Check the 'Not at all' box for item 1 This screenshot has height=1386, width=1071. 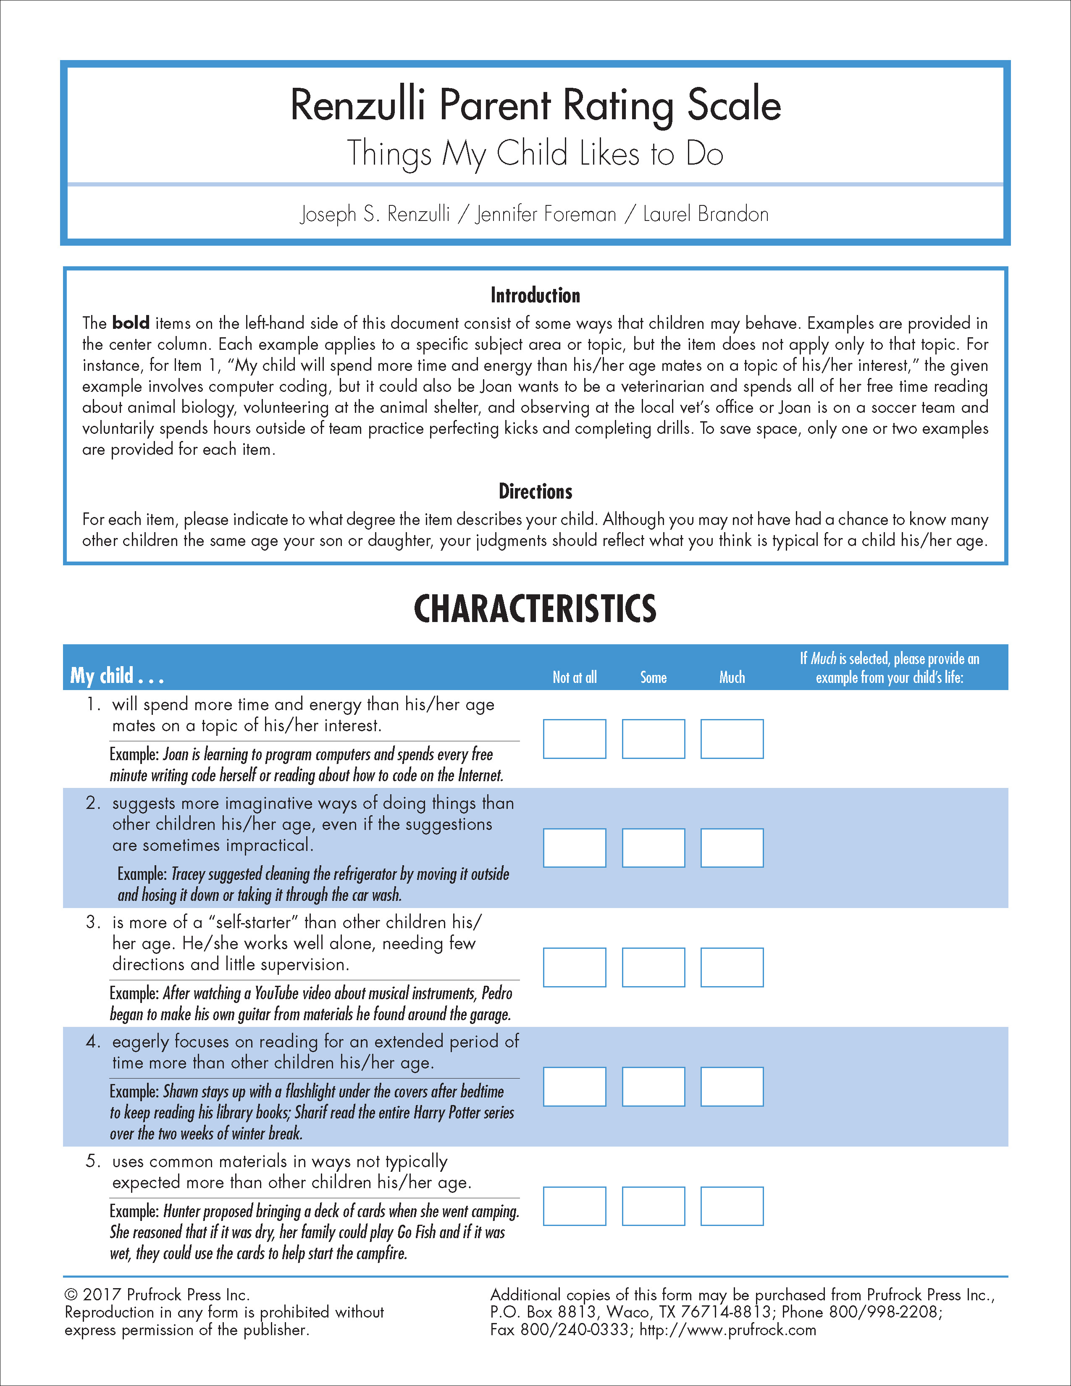574,739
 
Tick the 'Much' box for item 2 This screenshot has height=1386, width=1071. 732,848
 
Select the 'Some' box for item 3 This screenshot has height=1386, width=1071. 653,967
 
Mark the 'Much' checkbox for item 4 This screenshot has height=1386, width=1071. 732,1087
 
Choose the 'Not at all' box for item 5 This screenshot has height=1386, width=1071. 574,1206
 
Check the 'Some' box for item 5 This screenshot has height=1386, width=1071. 653,1206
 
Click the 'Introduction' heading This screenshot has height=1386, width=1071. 535,295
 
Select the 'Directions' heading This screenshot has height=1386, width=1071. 535,491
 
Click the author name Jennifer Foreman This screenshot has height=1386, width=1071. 546,215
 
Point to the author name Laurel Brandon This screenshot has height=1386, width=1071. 706,215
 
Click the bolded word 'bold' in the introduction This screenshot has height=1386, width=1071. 131,323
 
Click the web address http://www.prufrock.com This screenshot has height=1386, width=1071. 728,1330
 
